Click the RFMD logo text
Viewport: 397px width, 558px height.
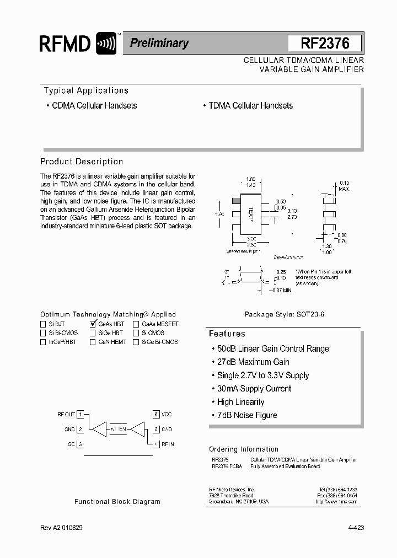coord(65,44)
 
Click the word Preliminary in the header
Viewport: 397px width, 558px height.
coord(159,43)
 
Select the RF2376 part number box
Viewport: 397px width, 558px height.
coord(325,44)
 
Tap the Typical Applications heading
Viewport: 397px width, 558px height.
coord(86,90)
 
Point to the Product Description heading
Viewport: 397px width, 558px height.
coord(82,162)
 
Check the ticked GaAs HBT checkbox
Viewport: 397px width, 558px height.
coord(93,324)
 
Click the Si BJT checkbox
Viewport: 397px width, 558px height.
coord(43,324)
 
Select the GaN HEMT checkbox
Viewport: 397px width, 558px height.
coord(93,342)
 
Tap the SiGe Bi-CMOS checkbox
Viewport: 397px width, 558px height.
coord(136,342)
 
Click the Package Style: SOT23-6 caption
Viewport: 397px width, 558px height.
coord(285,314)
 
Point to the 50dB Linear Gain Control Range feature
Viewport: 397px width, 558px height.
coord(273,348)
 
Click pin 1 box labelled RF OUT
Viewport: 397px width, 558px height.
coord(81,414)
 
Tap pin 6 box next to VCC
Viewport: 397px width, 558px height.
coord(157,414)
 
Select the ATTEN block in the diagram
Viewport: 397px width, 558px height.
coord(119,428)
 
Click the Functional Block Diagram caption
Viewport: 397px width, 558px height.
coord(117,502)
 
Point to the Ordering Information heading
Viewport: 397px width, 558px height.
coord(244,449)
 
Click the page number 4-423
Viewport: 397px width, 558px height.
coord(356,528)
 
